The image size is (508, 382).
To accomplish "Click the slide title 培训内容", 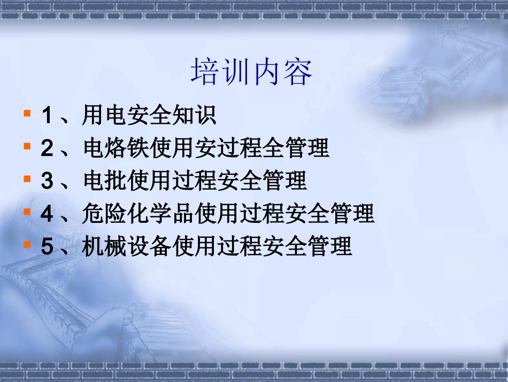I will tap(251, 73).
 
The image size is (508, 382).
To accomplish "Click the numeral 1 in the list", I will tap(47, 116).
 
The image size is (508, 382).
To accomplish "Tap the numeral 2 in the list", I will tap(47, 148).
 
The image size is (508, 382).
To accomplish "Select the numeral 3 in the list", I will tap(47, 181).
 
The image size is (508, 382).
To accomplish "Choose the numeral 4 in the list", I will tap(47, 214).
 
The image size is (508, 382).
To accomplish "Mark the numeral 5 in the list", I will tap(47, 246).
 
